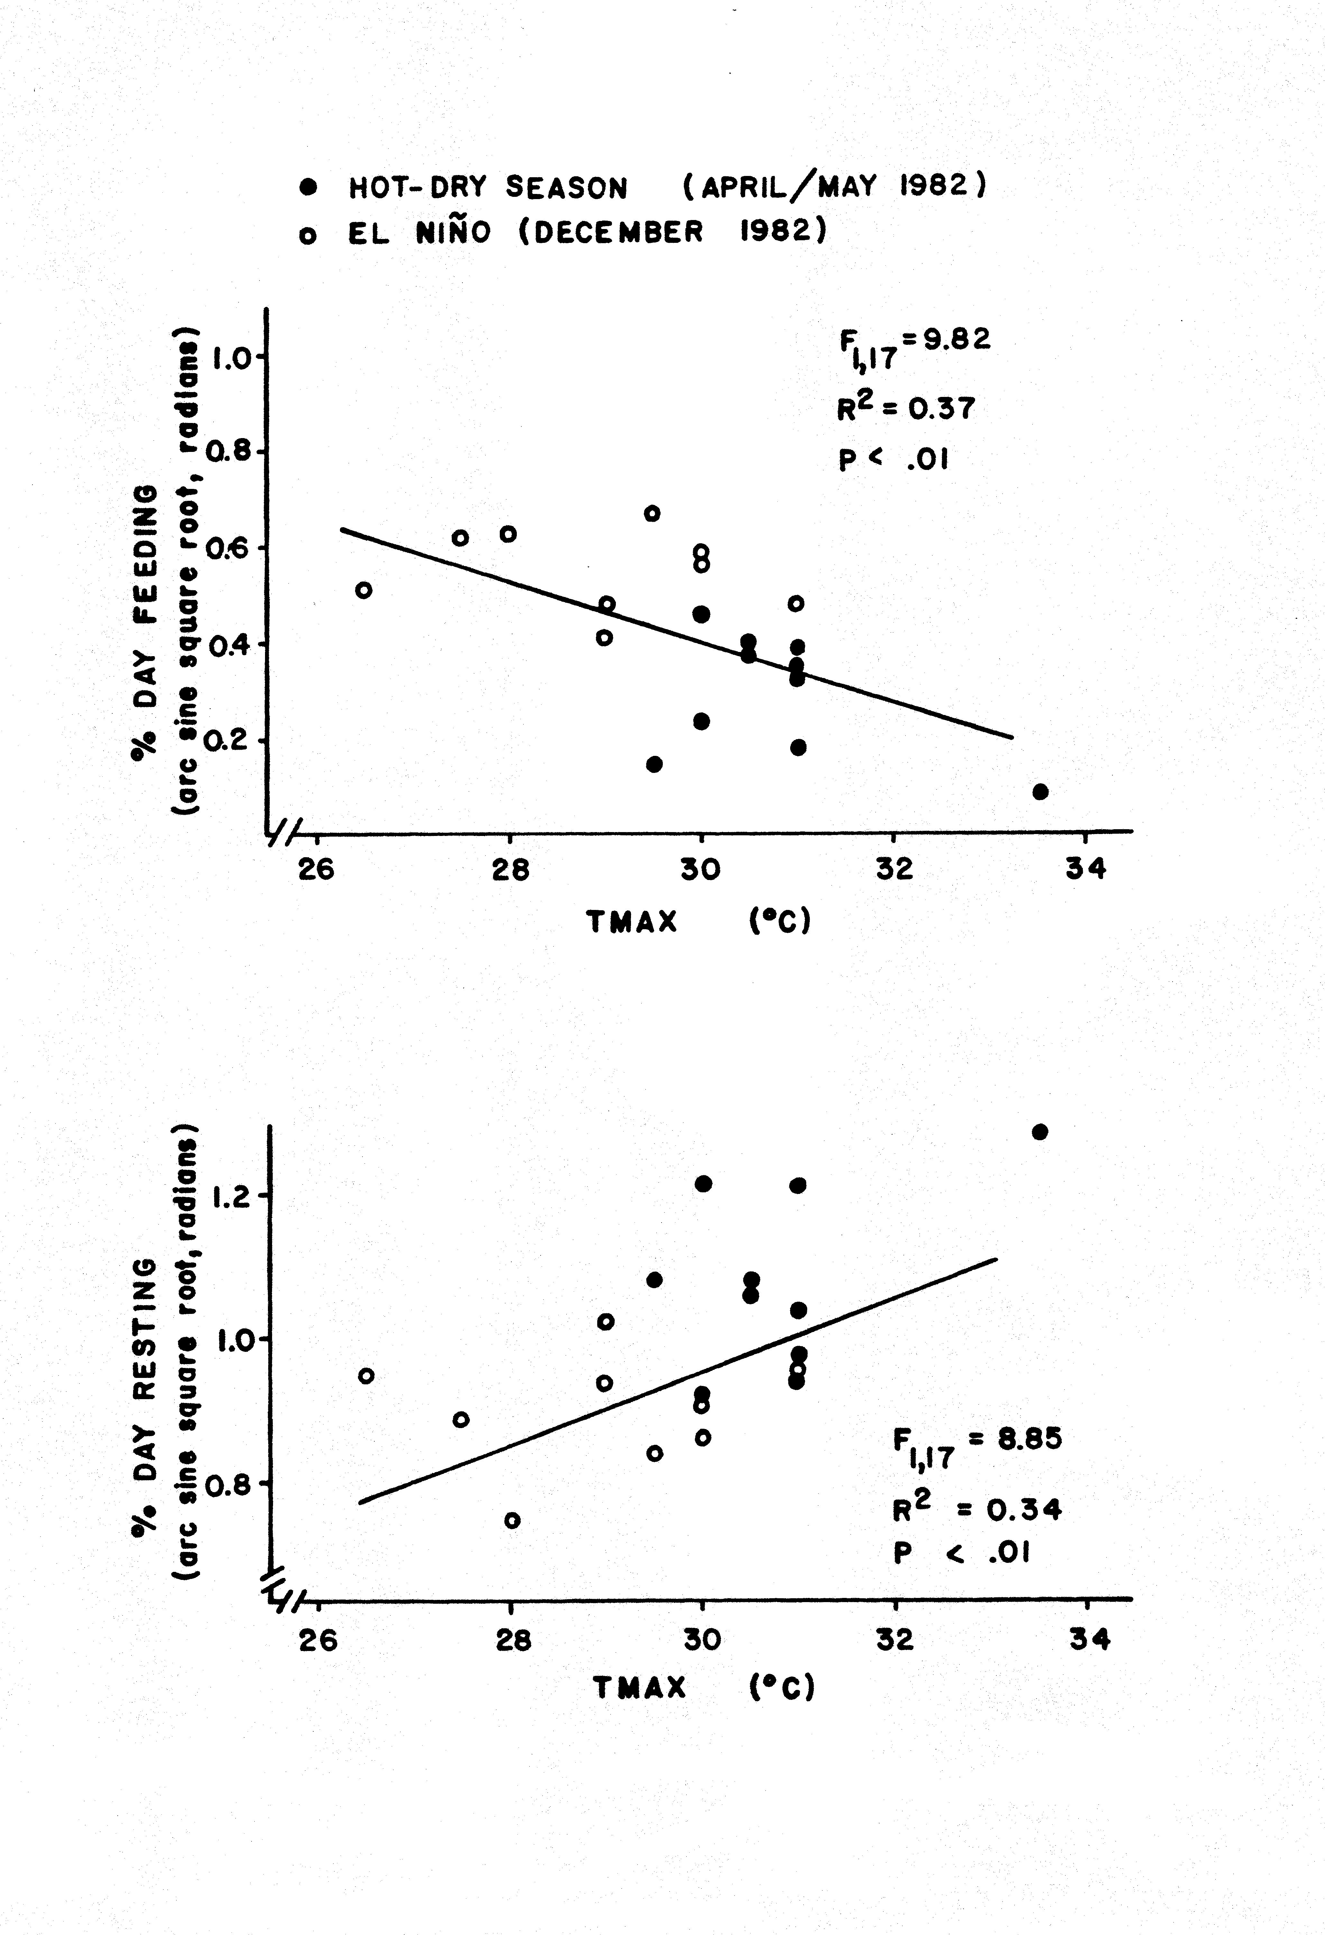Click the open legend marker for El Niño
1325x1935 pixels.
point(308,236)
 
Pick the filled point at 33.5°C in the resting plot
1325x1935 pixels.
point(1039,1132)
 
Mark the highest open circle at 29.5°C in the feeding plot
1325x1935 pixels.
point(653,513)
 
